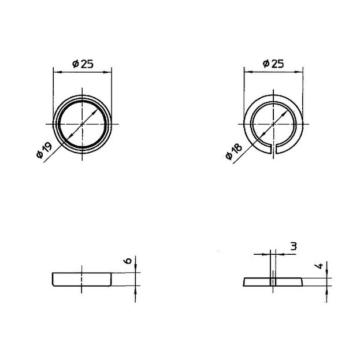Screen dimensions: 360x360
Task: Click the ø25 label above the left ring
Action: pos(83,64)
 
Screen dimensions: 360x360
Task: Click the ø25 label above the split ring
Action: pos(273,64)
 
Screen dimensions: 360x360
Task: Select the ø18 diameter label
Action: pos(234,151)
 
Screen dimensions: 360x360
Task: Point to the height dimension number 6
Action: pos(128,261)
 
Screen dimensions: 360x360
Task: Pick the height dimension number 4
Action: pos(319,266)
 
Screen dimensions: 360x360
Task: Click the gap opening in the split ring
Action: pos(273,149)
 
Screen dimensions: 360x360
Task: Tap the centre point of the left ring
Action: pos(82,124)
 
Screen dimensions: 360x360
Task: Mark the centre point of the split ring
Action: pos(273,124)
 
